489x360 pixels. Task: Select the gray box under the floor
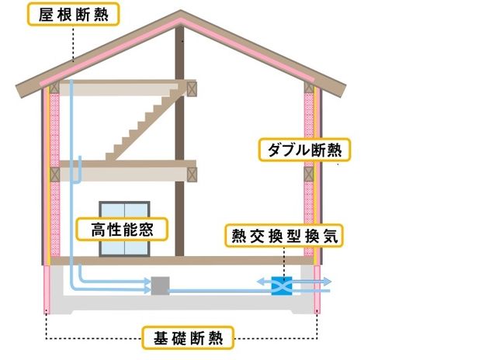[160, 286]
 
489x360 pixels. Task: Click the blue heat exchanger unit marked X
[280, 286]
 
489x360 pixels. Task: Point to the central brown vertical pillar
[181, 155]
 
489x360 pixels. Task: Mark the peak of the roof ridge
[181, 13]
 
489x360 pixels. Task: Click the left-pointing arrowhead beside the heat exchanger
[261, 280]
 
